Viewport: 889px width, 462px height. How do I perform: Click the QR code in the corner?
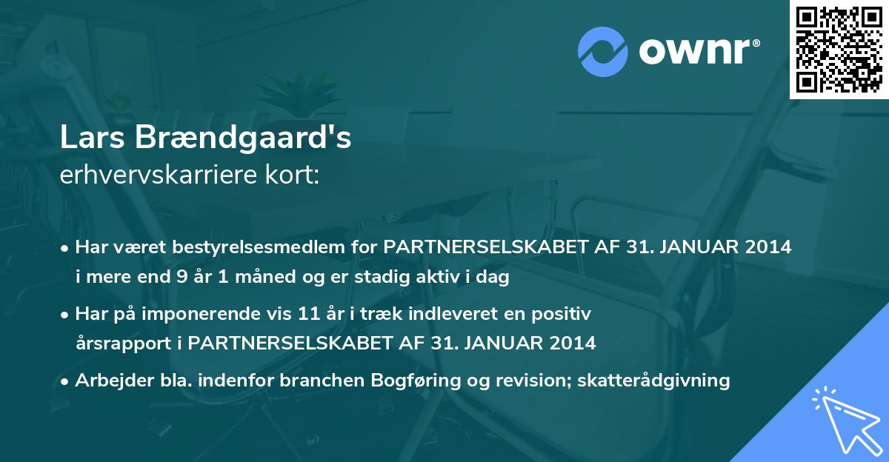(839, 49)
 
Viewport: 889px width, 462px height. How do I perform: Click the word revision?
(535, 381)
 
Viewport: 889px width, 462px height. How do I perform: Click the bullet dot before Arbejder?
(65, 381)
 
